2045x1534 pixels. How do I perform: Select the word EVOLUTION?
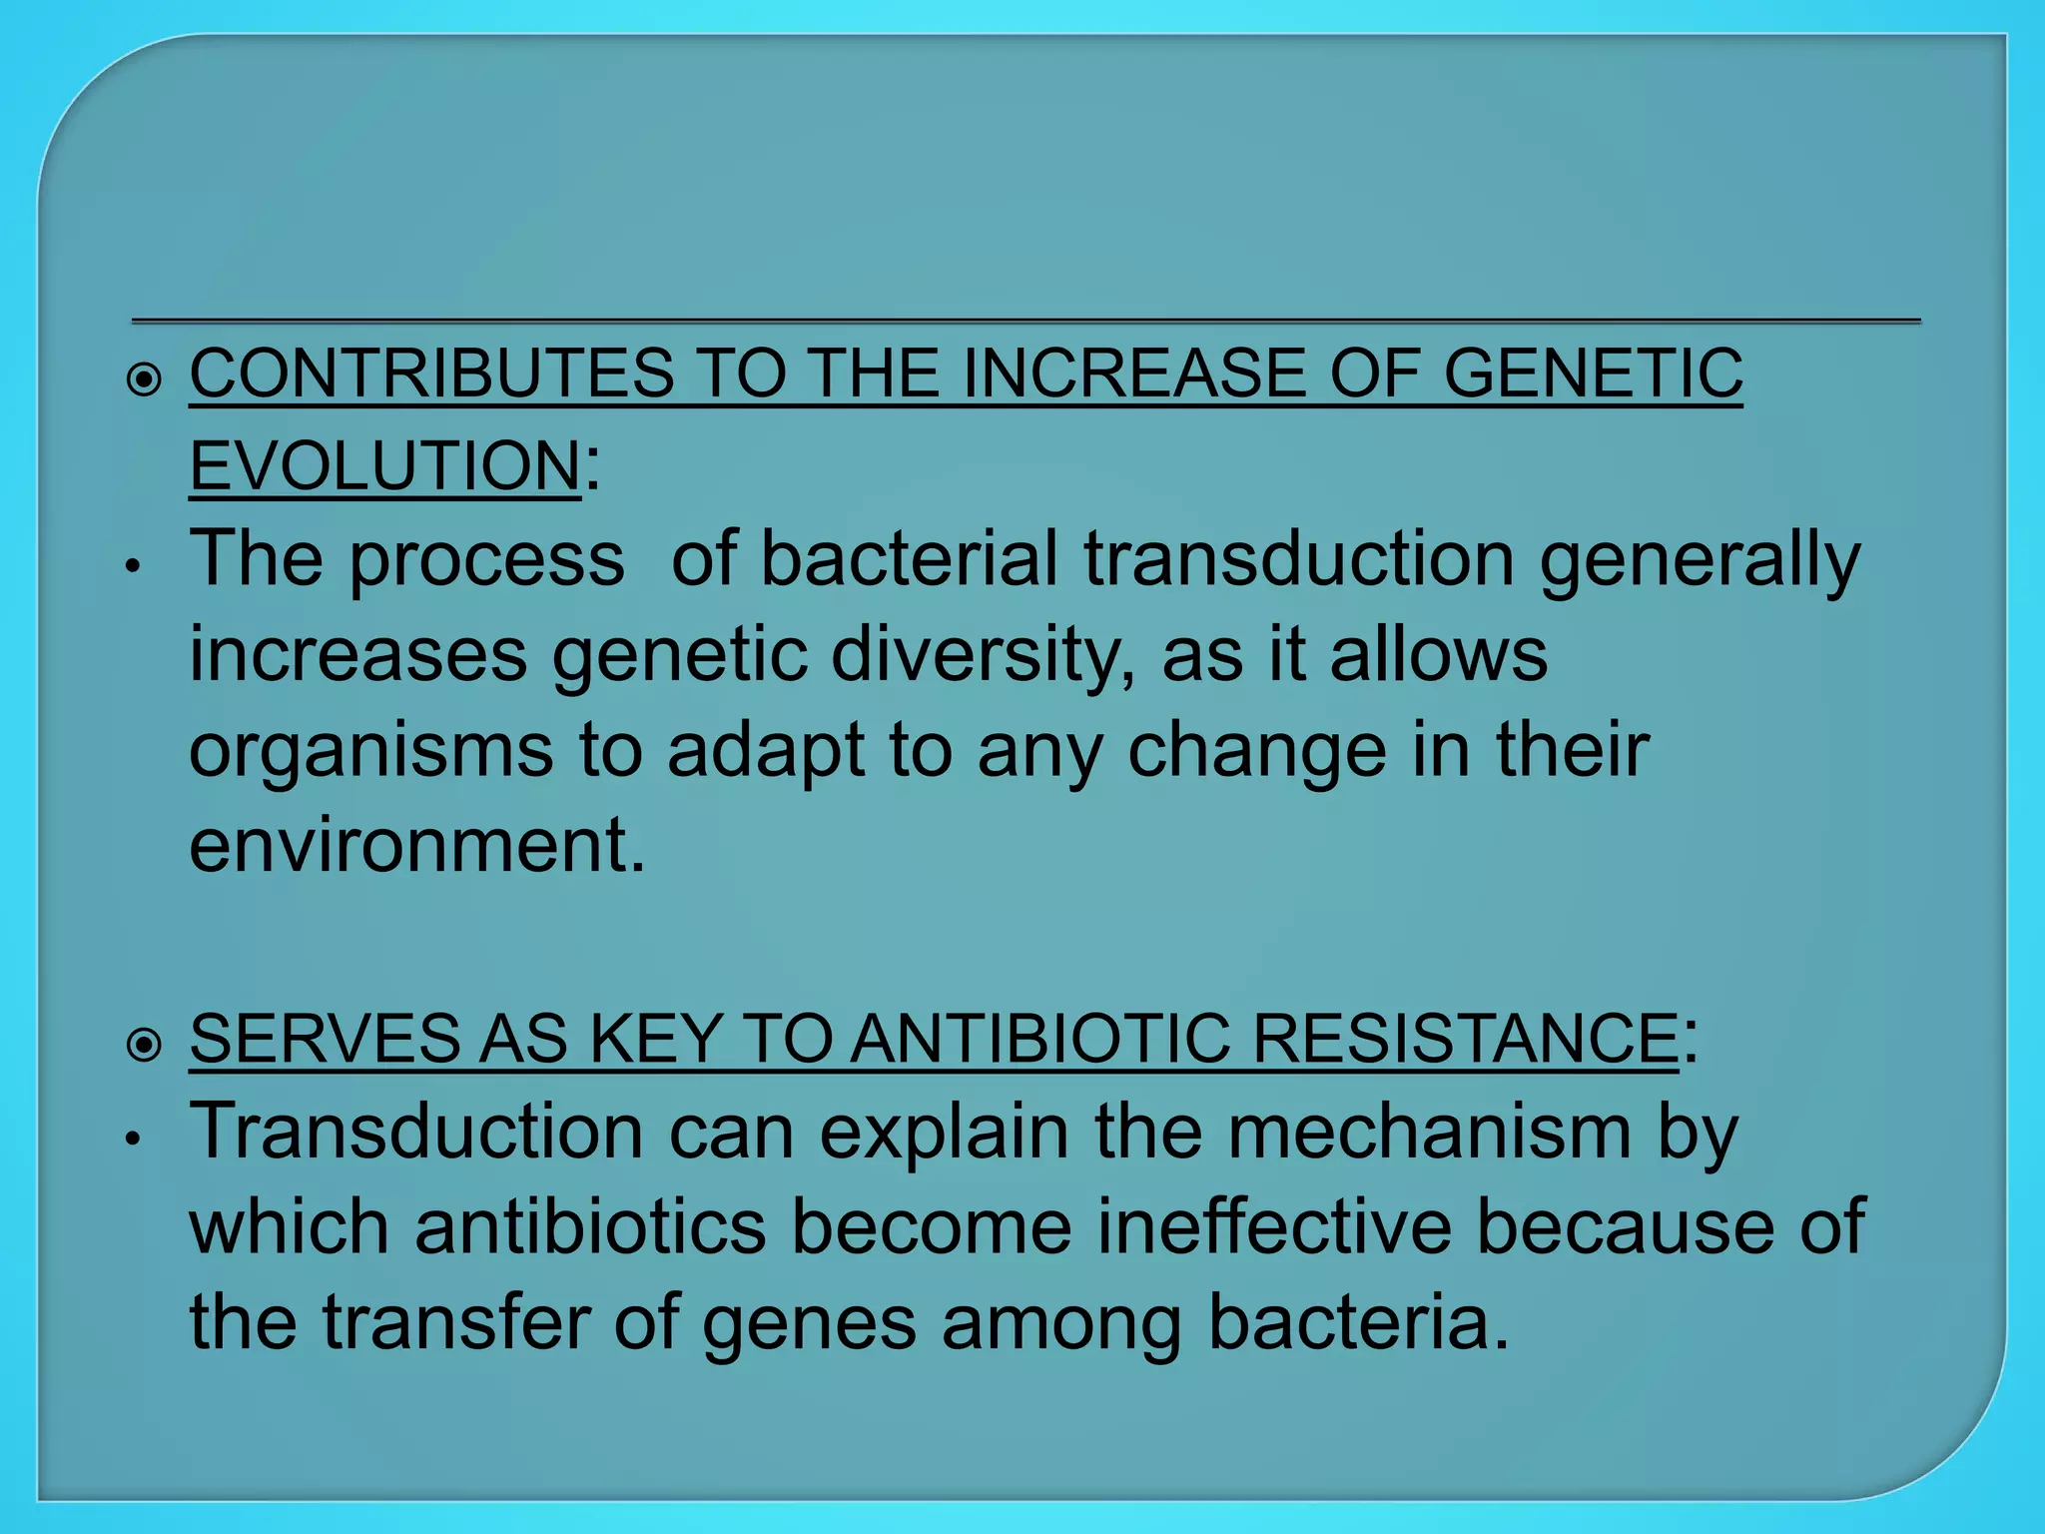(x=384, y=466)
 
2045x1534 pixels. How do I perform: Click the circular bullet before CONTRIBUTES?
(x=145, y=381)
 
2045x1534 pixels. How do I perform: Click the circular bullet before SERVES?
(x=145, y=1046)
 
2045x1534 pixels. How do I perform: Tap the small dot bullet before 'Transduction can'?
(x=131, y=1140)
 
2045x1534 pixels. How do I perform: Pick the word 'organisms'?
(x=370, y=751)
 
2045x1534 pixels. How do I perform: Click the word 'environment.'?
(x=417, y=845)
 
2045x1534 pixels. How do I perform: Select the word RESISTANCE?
(x=1465, y=1039)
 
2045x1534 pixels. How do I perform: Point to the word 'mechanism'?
(x=1429, y=1133)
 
